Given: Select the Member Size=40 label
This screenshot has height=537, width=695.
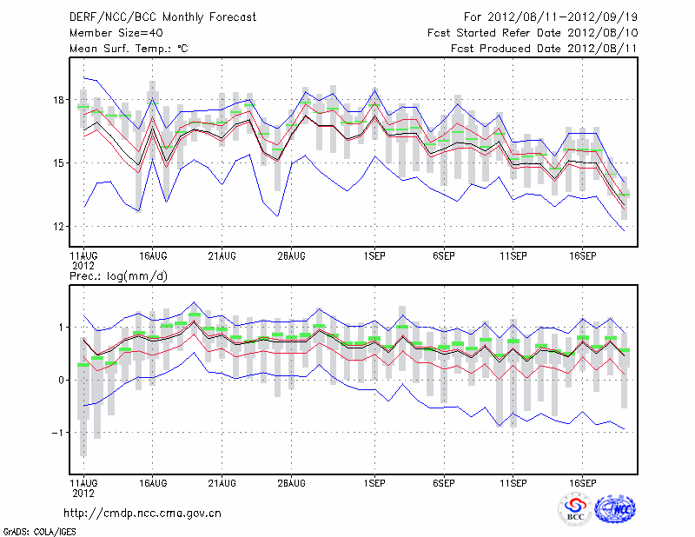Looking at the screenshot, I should click(109, 32).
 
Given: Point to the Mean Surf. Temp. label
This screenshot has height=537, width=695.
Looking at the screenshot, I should click(129, 49).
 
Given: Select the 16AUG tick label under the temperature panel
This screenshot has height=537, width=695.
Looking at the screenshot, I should click(152, 256).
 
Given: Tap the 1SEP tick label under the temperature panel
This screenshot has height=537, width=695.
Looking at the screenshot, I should click(374, 256).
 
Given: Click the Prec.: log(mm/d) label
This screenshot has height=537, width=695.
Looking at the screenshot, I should click(118, 275).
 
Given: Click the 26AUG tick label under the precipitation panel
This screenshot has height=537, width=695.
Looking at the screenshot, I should click(291, 481).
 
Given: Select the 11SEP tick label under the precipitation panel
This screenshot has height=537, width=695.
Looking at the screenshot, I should click(513, 481).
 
